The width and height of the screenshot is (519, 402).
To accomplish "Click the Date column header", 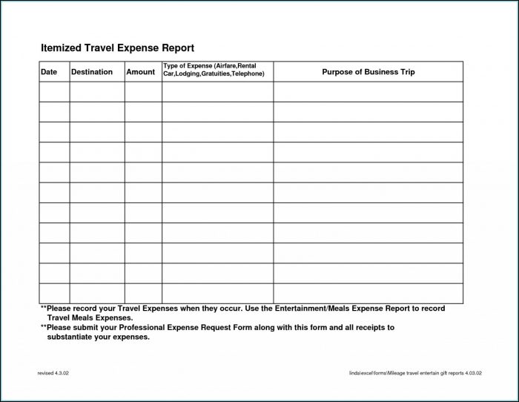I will click(x=48, y=72).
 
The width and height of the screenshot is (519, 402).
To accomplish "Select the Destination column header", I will click(x=92, y=72).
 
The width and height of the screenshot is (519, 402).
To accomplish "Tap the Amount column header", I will click(x=140, y=72).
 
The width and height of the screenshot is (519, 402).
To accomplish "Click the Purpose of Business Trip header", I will click(x=368, y=72).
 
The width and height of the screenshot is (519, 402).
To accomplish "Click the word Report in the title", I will click(x=176, y=47).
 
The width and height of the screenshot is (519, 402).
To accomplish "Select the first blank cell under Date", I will click(x=54, y=92).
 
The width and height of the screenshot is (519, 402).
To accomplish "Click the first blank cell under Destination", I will click(x=97, y=92).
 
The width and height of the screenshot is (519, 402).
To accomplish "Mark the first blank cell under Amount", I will click(x=143, y=92).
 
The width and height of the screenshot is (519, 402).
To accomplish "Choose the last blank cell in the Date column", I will click(x=54, y=293).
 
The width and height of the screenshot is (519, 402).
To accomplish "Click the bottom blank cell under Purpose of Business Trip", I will click(x=368, y=293).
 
